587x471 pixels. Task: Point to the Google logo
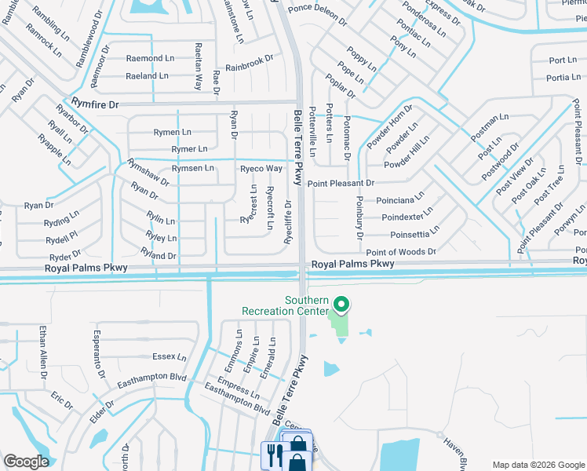[26, 462]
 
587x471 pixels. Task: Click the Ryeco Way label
[261, 168]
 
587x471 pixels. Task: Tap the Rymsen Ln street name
[193, 168]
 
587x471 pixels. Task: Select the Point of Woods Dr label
[400, 251]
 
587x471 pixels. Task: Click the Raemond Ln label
[151, 59]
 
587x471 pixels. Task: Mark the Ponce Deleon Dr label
[317, 10]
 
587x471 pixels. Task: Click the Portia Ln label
[563, 77]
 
